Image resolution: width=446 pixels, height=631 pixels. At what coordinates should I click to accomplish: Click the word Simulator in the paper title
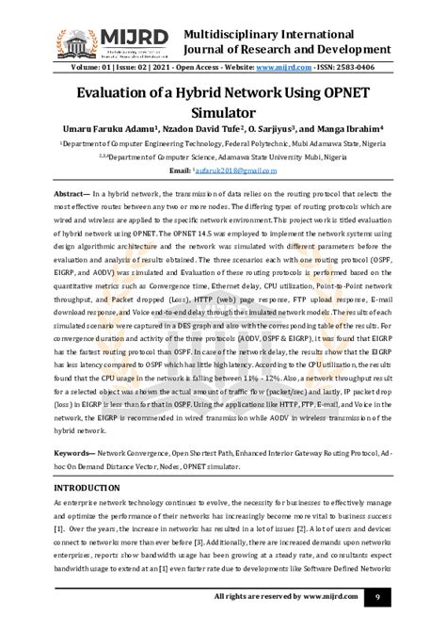pos(224,114)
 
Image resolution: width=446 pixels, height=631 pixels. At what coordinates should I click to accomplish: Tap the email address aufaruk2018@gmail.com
pos(238,173)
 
